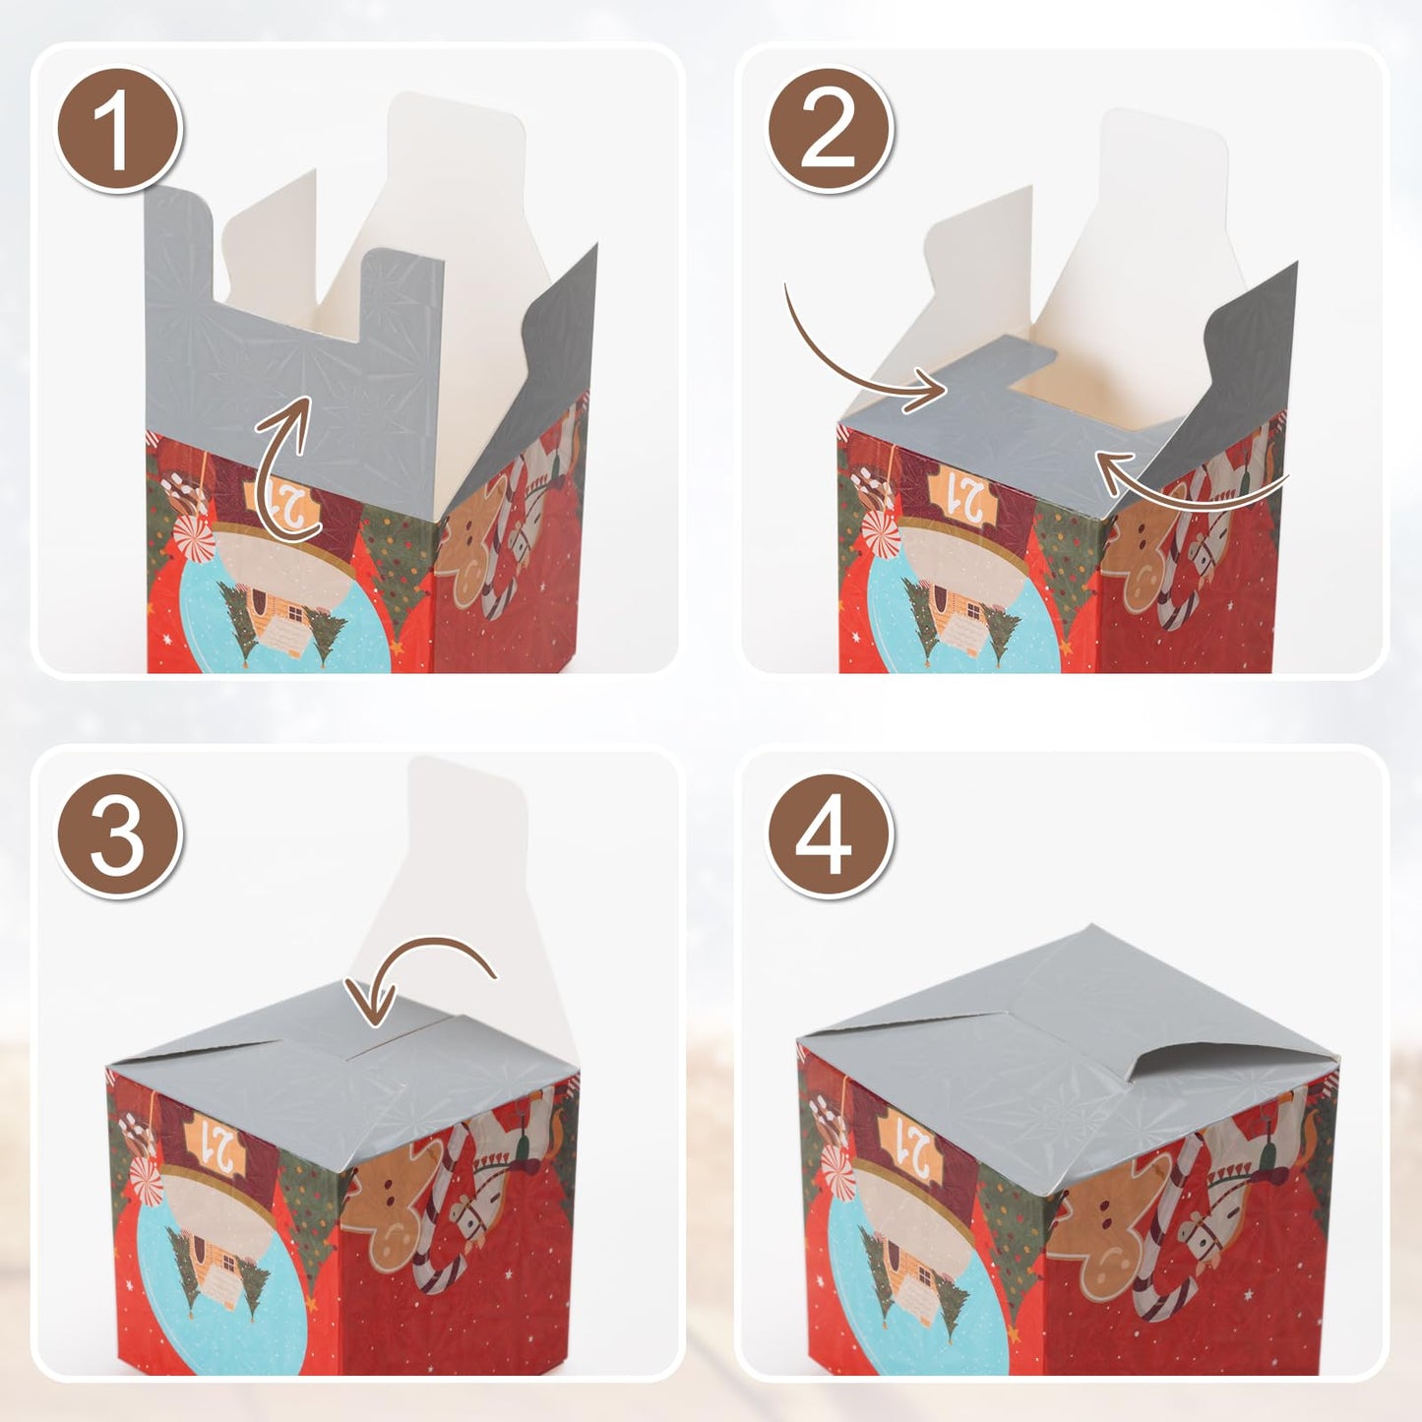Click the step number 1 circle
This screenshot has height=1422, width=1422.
click(x=119, y=129)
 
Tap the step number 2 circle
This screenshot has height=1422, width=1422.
click(x=829, y=129)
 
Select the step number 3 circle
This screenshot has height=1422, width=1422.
click(x=119, y=835)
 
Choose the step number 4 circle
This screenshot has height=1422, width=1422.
click(x=829, y=835)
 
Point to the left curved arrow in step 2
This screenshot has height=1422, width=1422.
click(x=861, y=355)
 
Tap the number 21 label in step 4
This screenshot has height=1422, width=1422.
click(x=911, y=1147)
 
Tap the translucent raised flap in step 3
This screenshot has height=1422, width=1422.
click(x=463, y=866)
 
